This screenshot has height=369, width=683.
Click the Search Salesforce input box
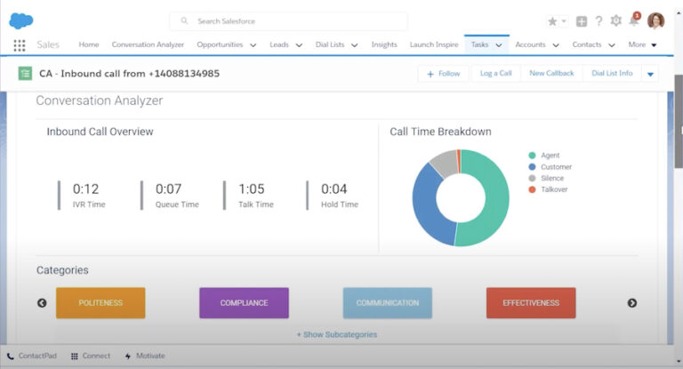point(288,20)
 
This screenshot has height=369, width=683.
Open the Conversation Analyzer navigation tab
point(148,44)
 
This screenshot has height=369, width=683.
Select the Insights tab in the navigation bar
point(384,44)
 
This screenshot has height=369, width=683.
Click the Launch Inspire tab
point(434,44)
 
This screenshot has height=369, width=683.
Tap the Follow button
point(444,74)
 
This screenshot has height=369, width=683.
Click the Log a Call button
point(496,74)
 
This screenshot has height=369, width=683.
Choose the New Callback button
point(551,74)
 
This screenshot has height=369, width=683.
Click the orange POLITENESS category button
point(100,302)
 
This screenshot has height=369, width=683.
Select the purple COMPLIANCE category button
point(244,302)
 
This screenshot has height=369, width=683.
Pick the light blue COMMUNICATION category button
point(387,302)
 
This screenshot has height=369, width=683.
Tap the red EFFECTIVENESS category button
point(531,302)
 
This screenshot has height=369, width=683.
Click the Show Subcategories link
point(336,334)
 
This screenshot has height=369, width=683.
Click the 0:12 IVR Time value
point(85,189)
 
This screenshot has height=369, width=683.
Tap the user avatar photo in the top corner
point(655,20)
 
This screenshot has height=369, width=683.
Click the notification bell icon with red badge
point(634,20)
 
